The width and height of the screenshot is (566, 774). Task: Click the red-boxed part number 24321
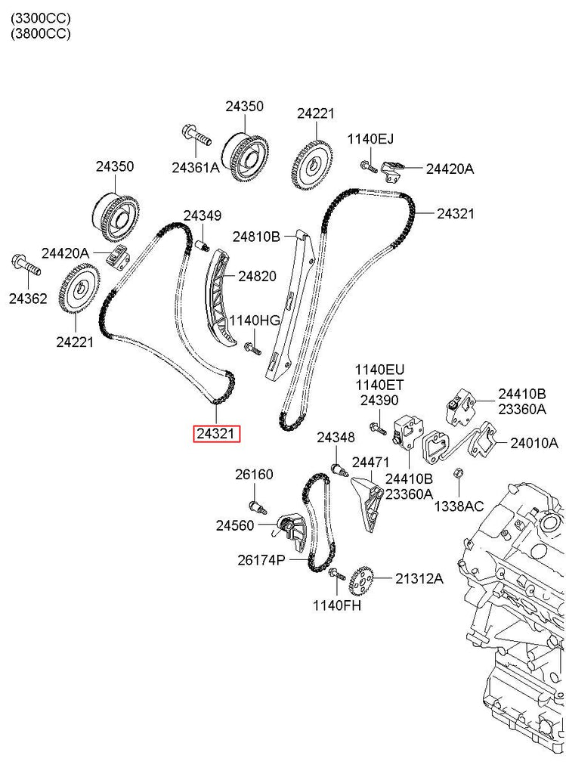pyautogui.click(x=218, y=434)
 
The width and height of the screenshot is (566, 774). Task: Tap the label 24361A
pyautogui.click(x=195, y=167)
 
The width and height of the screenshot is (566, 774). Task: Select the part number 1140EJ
pyautogui.click(x=370, y=139)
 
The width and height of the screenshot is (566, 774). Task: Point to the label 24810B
pyautogui.click(x=256, y=237)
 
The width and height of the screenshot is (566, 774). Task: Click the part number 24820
pyautogui.click(x=257, y=277)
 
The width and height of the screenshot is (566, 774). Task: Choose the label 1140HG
pyautogui.click(x=255, y=320)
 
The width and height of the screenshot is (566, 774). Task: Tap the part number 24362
pyautogui.click(x=28, y=299)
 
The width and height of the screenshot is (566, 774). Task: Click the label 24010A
pyautogui.click(x=534, y=443)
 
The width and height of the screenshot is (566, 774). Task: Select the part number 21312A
pyautogui.click(x=419, y=579)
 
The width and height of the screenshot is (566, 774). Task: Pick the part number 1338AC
pyautogui.click(x=459, y=506)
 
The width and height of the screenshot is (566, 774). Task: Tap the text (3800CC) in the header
pyautogui.click(x=41, y=33)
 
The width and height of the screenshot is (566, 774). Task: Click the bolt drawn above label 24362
pyautogui.click(x=24, y=265)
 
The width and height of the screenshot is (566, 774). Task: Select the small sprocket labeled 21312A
pyautogui.click(x=361, y=580)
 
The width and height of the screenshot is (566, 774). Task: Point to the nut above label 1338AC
pyautogui.click(x=457, y=474)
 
